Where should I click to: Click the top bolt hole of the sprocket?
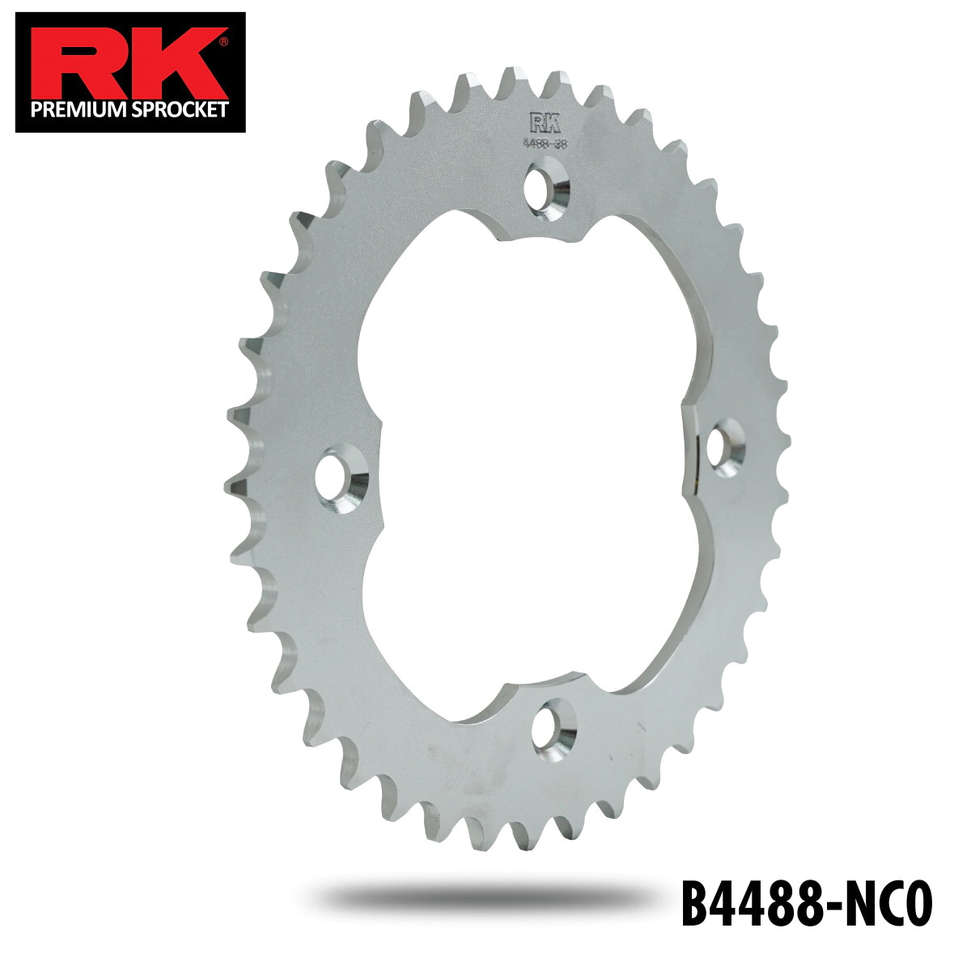tap(547, 186)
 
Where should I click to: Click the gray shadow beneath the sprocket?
tap(485, 897)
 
